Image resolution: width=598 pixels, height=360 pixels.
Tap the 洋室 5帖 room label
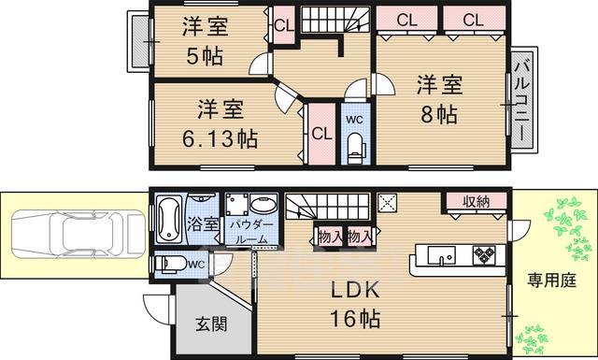tap(203, 43)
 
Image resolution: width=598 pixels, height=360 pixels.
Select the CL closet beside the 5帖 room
tap(281, 26)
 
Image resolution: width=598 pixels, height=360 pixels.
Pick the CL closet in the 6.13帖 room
tap(320, 133)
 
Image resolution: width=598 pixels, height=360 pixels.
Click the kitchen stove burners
tap(485, 253)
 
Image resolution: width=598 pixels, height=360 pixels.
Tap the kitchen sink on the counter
tap(440, 253)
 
